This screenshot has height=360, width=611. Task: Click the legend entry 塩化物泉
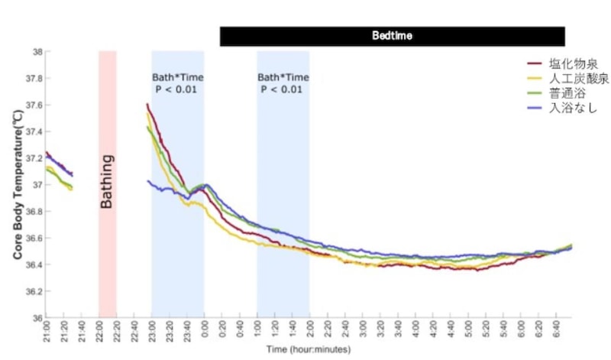click(x=567, y=63)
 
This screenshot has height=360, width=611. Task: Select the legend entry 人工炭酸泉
click(x=572, y=79)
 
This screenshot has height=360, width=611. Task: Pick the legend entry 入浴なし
click(x=567, y=109)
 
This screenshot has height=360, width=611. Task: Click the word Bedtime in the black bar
click(x=393, y=36)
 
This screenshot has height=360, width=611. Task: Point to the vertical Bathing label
click(x=108, y=182)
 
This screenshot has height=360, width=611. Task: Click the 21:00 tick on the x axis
click(x=47, y=331)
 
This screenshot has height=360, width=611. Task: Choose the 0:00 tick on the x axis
click(x=205, y=331)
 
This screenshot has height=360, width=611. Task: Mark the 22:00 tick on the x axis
click(x=99, y=331)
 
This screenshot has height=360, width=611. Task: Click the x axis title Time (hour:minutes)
click(x=308, y=349)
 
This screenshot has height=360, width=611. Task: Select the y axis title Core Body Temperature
click(x=17, y=183)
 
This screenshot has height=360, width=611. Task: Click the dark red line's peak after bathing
click(x=147, y=105)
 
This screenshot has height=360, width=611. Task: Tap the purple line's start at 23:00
click(x=147, y=181)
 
